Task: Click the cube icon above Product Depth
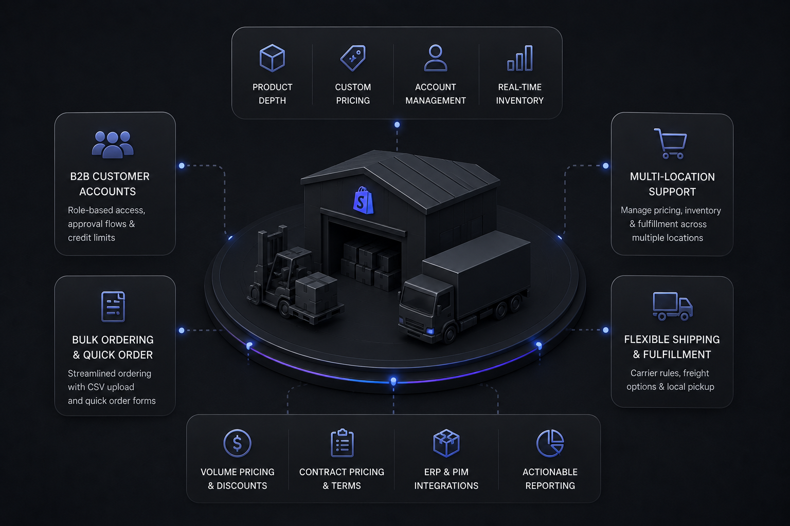(x=272, y=58)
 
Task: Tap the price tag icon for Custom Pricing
(x=353, y=58)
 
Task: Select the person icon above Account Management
(x=436, y=58)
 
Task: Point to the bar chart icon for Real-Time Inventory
(x=520, y=58)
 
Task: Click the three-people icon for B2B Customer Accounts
(x=113, y=144)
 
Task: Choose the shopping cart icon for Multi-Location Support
(x=671, y=143)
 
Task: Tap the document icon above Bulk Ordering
(x=113, y=307)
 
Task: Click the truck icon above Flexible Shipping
(x=673, y=306)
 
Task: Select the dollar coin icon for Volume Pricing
(x=237, y=443)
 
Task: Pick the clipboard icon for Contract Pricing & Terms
(x=342, y=443)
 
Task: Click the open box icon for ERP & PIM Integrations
(x=446, y=443)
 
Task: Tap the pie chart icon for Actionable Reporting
(x=550, y=443)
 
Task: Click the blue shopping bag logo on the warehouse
(x=363, y=200)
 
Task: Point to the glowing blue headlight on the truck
(x=430, y=331)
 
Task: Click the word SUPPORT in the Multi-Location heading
(x=672, y=192)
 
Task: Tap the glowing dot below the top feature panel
(x=397, y=125)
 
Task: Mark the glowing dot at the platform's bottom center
(x=393, y=381)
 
